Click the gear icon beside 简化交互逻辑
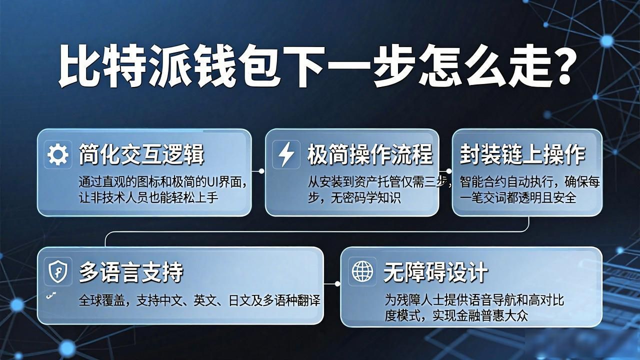pos(57,154)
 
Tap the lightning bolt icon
pos(286,154)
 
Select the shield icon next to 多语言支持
pos(58,271)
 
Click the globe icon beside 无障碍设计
pos(362,271)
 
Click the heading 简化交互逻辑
pos(141,154)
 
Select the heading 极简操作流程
pos(370,154)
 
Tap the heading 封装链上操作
pos(522,154)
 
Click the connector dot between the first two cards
pos(261,171)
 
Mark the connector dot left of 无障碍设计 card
pos(337,284)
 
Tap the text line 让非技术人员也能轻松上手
pos(148,197)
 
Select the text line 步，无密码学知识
pos(354,197)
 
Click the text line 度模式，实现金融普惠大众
pos(456,315)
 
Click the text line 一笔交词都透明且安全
pos(517,197)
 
